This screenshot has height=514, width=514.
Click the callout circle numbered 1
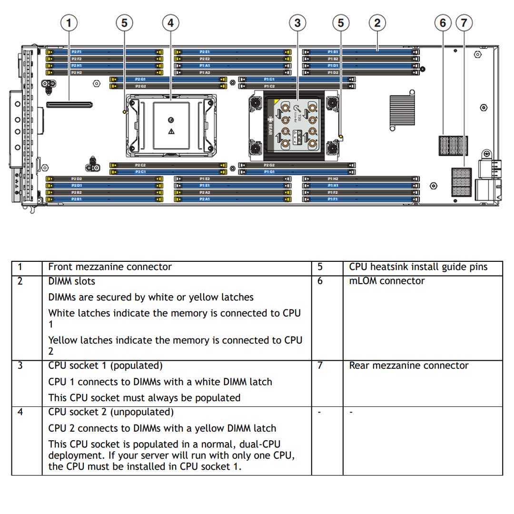70,22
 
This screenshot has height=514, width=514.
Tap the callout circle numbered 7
464,22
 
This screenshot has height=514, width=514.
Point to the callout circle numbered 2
377,22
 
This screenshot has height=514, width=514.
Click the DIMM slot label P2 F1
76,51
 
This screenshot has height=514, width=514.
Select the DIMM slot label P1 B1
333,51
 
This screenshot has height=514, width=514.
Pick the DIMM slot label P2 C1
140,171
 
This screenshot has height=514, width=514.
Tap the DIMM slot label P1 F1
333,199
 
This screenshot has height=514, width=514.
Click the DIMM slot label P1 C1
269,79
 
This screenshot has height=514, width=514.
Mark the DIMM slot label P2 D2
76,179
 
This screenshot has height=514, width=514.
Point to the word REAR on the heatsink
271,127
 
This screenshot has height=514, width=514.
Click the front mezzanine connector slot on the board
69,103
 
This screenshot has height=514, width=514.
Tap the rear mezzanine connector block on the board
461,182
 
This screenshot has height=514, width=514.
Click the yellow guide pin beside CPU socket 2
125,112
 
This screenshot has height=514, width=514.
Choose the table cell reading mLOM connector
386,281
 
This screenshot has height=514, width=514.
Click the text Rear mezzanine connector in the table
408,366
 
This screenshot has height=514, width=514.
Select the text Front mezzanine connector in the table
110,267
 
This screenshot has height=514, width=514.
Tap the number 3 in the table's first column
20,366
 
